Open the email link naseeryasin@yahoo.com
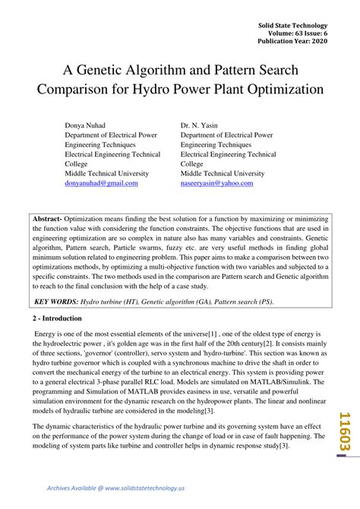coord(216,183)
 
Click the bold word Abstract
coord(46,218)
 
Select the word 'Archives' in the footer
coord(63,487)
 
